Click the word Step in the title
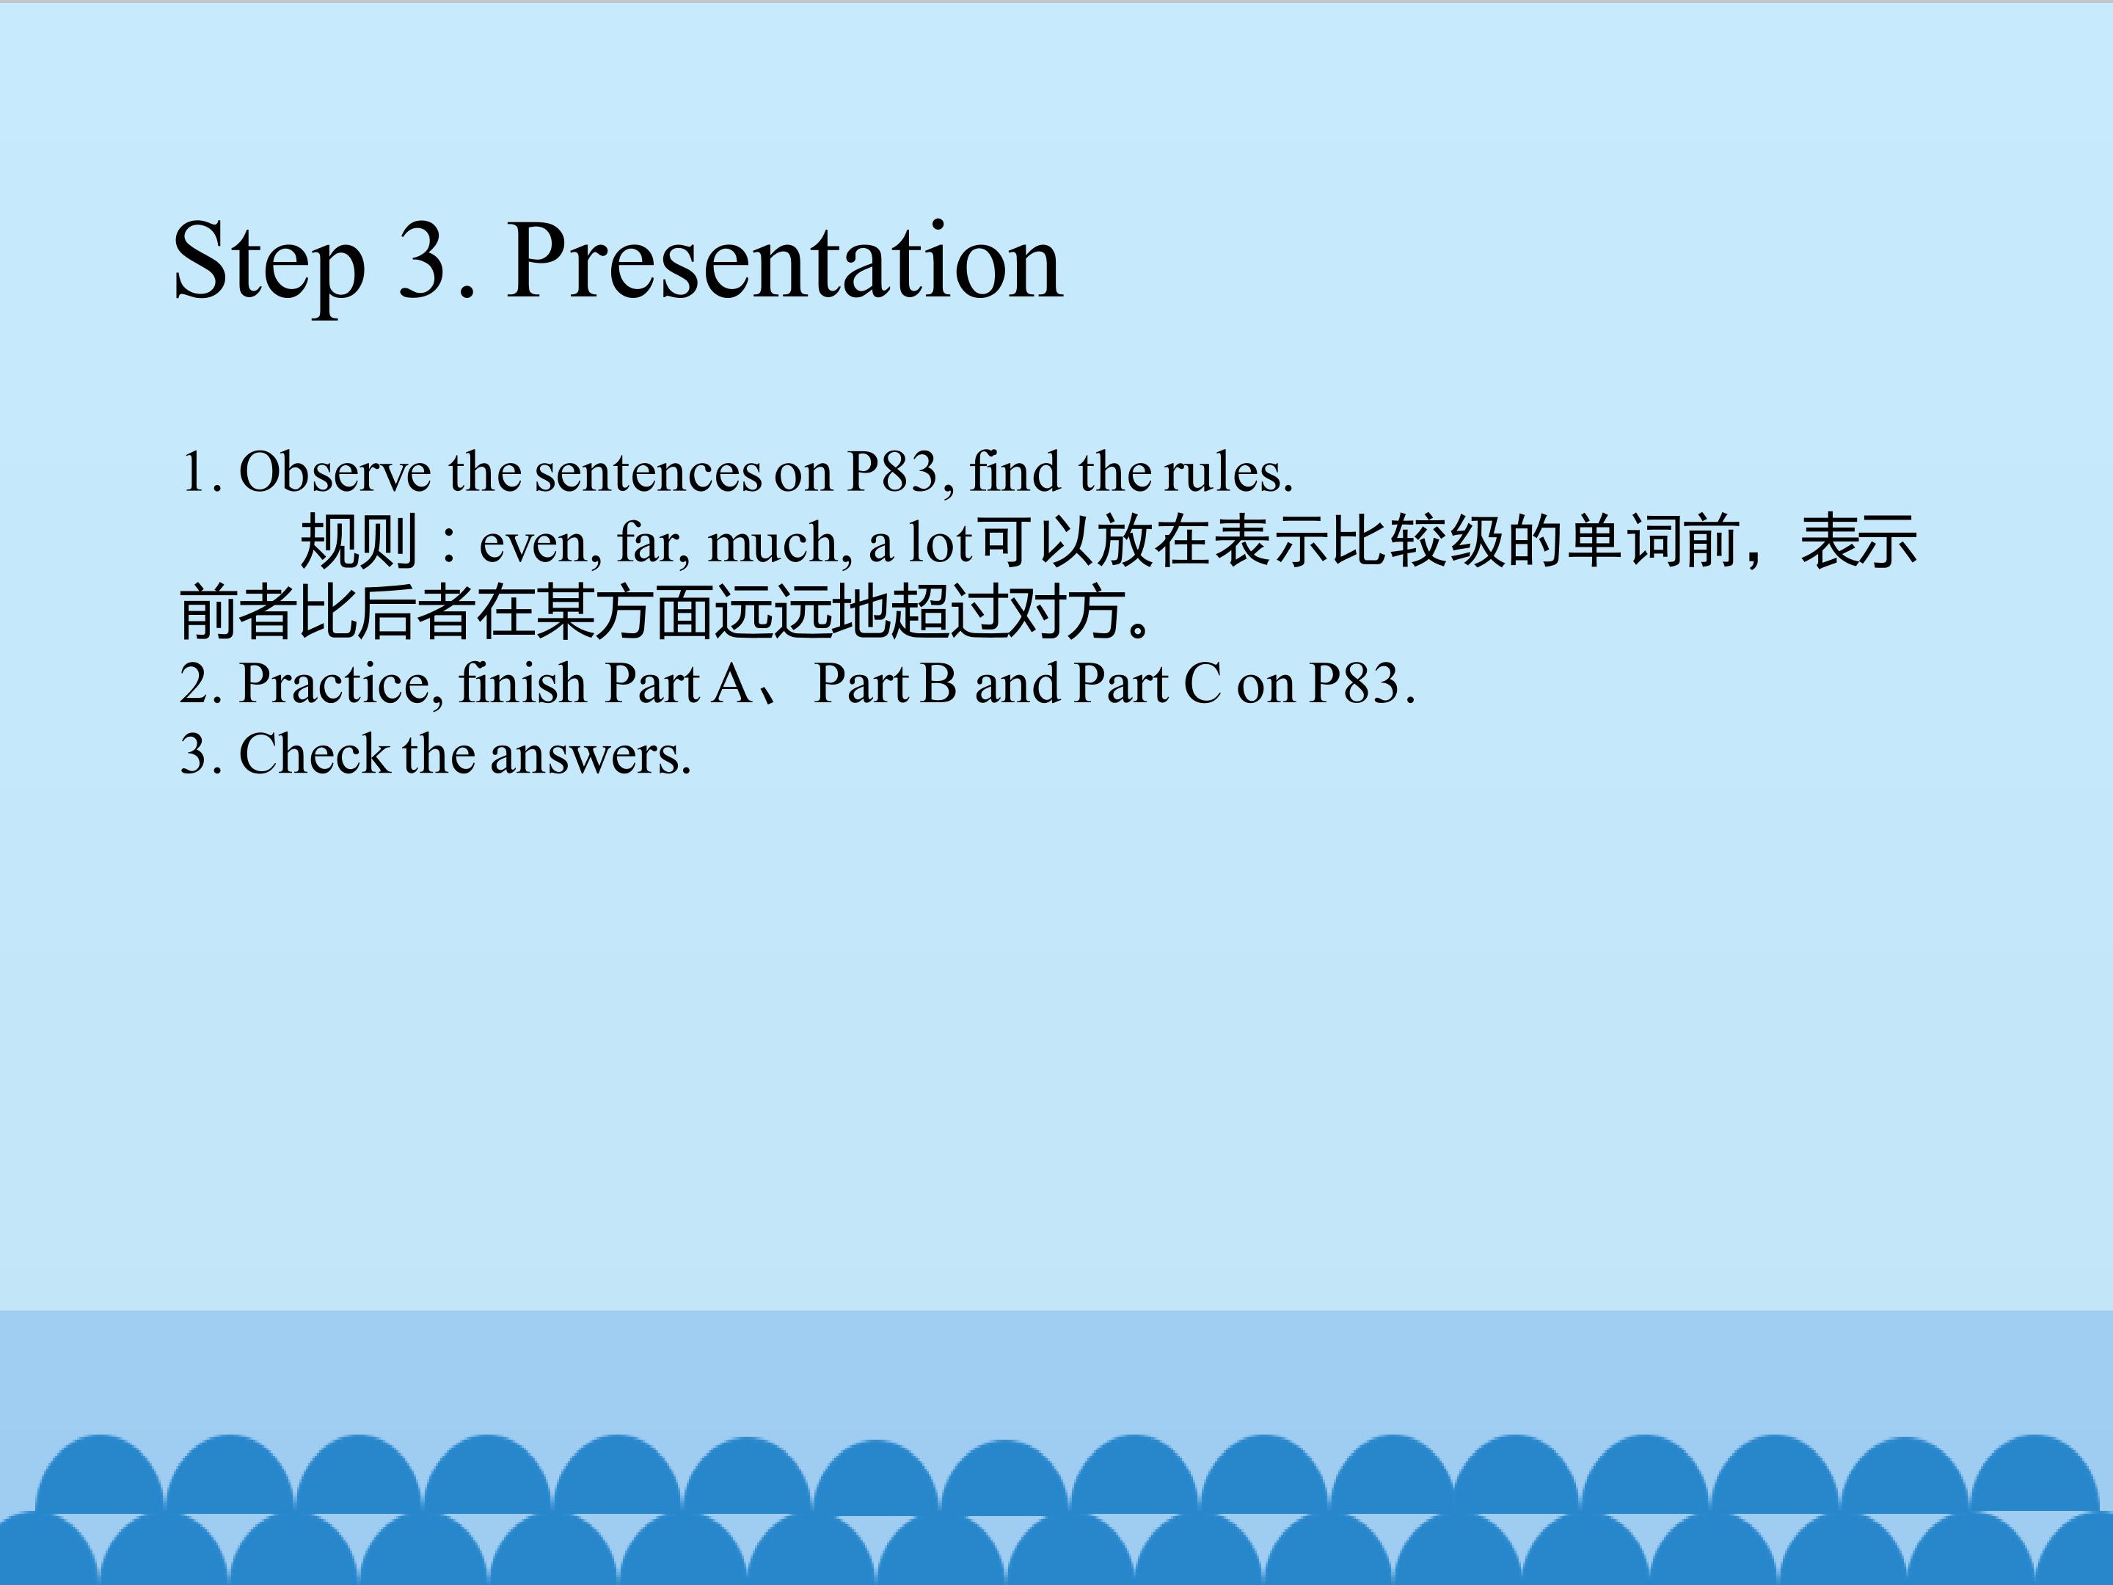point(269,262)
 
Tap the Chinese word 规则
point(358,542)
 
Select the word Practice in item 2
point(340,684)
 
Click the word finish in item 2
point(522,683)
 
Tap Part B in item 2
point(885,684)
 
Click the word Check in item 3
point(313,755)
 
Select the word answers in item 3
point(591,757)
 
